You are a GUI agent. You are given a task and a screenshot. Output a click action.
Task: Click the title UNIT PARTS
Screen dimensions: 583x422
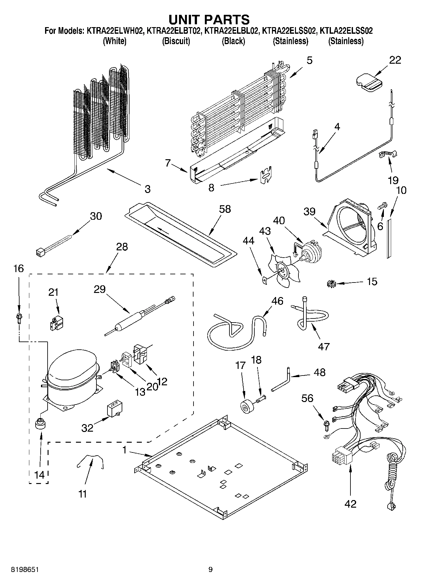coord(209,20)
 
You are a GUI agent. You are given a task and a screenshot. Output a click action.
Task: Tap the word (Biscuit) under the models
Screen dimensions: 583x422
coord(176,41)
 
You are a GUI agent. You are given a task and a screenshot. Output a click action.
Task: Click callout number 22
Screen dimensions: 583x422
coord(395,60)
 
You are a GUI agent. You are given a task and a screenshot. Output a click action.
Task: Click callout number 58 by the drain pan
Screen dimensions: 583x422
coord(225,209)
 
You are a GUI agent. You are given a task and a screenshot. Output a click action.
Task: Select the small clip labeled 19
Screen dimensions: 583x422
coord(387,154)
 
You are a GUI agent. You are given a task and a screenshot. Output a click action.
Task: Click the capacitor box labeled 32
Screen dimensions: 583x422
coord(114,410)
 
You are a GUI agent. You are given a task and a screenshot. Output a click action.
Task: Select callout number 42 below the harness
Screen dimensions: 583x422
coord(350,504)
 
